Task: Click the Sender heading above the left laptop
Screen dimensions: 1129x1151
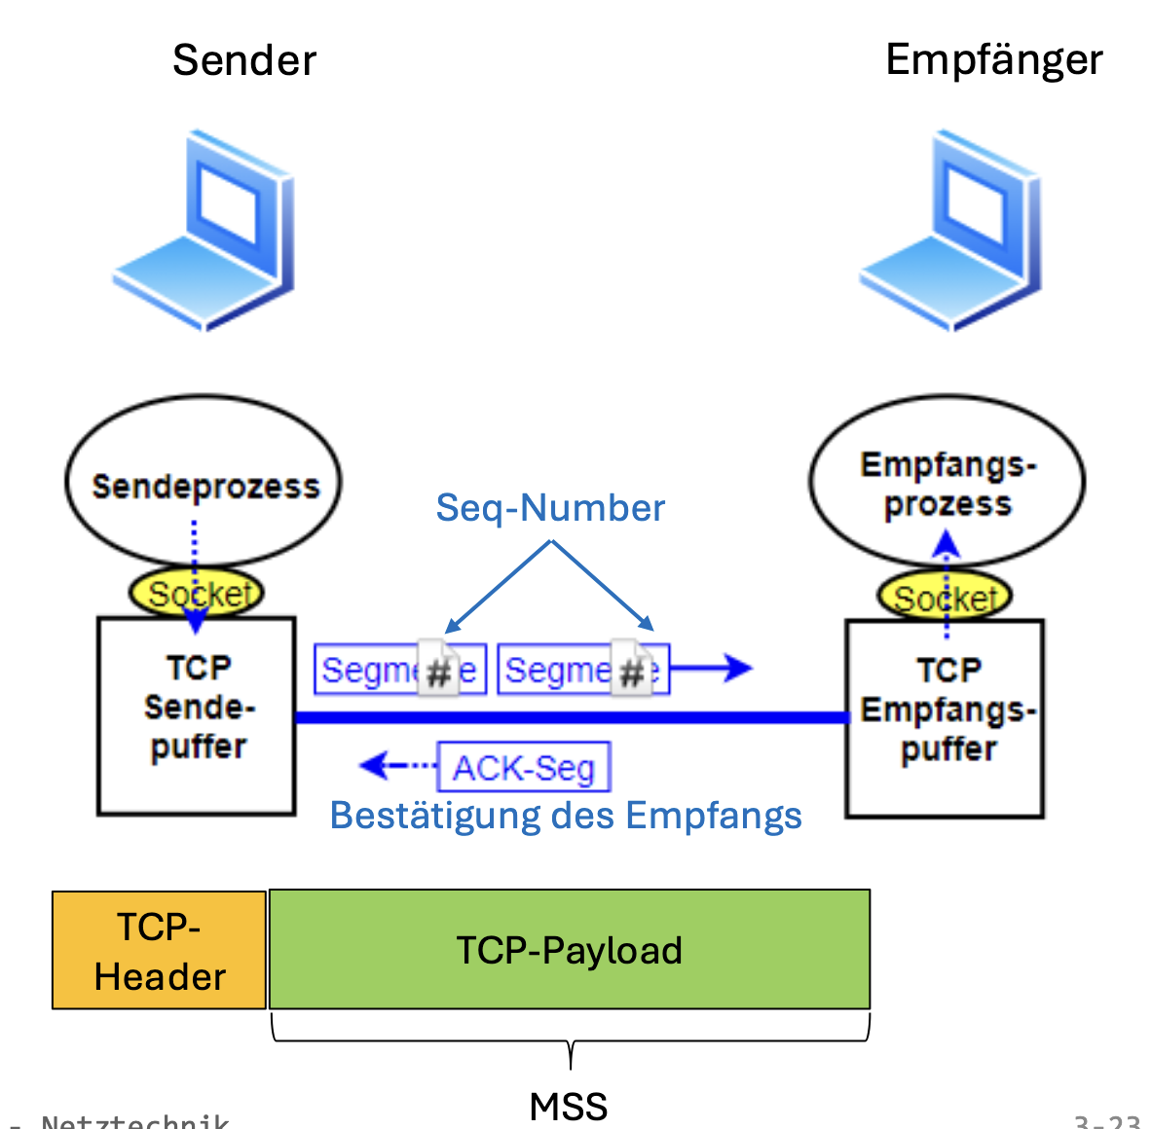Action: click(x=244, y=60)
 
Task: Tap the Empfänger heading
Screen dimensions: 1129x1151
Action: click(x=993, y=60)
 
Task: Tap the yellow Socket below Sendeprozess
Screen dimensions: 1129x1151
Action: click(x=198, y=593)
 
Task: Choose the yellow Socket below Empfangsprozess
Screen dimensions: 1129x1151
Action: click(x=945, y=597)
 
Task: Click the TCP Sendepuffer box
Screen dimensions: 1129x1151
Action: click(x=197, y=715)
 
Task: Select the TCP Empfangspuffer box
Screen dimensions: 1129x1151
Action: click(x=946, y=718)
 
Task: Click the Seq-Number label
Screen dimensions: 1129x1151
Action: click(x=550, y=508)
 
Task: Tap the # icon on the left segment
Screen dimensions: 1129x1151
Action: click(x=438, y=669)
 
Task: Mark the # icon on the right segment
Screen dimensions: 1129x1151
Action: click(x=632, y=669)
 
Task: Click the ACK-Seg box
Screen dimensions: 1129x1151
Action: click(x=524, y=768)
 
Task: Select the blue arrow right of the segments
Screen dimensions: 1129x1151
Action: click(x=712, y=668)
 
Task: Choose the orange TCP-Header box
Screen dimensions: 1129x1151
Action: click(x=160, y=950)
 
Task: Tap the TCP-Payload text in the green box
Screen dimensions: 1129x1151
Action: click(x=570, y=950)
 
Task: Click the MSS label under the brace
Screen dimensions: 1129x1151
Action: click(x=569, y=1107)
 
